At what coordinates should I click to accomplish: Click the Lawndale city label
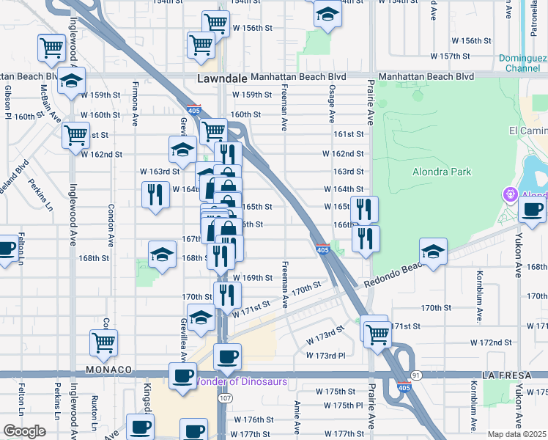(221, 77)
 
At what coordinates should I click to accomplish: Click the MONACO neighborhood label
(108, 370)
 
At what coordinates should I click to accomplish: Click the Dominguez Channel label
(523, 63)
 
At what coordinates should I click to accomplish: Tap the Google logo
(24, 430)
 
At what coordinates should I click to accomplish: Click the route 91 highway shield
(416, 375)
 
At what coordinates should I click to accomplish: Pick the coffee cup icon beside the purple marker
(532, 209)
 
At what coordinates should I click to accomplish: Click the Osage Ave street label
(332, 103)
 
